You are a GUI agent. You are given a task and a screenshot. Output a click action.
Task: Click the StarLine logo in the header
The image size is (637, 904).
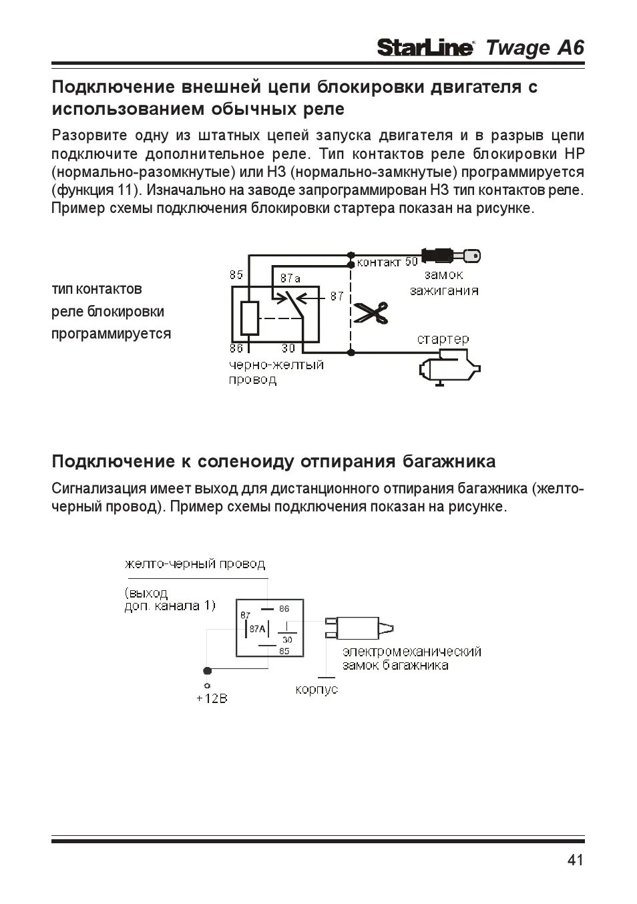(425, 48)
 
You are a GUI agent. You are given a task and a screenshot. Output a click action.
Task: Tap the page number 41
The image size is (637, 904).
(576, 860)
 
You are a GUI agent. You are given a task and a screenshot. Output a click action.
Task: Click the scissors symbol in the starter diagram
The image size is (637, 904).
(371, 312)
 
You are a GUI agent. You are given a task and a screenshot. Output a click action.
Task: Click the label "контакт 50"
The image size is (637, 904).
(387, 262)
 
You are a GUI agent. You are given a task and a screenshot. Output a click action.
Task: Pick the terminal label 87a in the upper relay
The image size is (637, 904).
(290, 277)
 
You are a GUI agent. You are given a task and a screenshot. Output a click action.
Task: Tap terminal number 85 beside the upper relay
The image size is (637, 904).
(236, 274)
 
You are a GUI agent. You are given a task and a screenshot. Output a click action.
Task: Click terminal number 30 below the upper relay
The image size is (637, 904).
(288, 348)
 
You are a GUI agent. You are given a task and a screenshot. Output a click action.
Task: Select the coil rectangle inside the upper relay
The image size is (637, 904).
(249, 318)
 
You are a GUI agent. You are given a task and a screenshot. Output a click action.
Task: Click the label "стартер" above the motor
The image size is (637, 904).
(443, 339)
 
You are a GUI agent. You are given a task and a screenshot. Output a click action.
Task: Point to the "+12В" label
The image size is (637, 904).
(212, 698)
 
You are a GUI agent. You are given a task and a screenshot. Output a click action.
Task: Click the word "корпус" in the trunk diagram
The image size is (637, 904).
(316, 689)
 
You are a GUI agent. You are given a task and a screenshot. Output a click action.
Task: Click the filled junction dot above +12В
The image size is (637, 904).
(208, 670)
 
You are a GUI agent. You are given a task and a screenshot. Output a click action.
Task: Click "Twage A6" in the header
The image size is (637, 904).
(535, 48)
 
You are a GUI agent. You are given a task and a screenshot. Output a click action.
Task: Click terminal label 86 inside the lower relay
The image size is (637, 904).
(284, 609)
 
